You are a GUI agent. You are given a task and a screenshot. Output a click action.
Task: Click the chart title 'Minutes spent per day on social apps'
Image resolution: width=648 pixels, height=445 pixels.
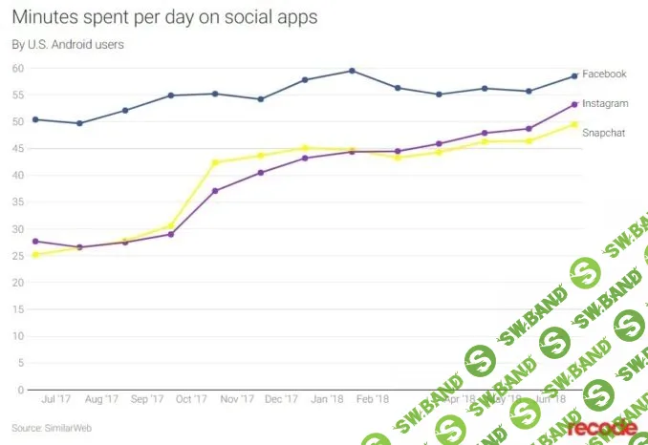tap(164, 17)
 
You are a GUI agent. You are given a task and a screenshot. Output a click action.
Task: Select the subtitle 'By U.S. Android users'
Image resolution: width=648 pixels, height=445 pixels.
tap(67, 44)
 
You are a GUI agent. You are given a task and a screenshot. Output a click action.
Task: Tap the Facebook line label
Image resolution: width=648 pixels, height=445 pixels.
tap(604, 74)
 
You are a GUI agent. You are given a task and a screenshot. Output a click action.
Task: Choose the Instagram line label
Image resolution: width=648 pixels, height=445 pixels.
tap(605, 102)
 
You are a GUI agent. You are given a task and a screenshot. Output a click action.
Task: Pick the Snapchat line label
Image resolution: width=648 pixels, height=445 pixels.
tap(604, 133)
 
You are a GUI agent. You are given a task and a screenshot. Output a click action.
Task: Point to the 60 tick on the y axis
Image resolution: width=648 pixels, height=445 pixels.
tap(18, 68)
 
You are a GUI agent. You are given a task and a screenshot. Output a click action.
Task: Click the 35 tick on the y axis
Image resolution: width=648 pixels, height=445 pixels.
tap(18, 202)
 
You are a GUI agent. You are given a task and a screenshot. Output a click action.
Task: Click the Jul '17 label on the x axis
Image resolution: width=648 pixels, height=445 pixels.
tap(55, 398)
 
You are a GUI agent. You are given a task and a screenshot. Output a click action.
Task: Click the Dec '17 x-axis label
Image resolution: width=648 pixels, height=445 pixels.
tap(280, 398)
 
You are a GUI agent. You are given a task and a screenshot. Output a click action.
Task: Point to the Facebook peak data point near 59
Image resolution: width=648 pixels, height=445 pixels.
tap(353, 71)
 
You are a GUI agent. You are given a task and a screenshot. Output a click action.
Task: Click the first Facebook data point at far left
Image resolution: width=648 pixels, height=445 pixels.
tap(35, 119)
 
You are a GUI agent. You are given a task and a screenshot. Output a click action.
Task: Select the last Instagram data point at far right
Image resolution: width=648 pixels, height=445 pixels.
tap(574, 104)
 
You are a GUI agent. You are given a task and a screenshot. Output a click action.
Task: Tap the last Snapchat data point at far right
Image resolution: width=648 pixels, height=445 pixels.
tap(574, 124)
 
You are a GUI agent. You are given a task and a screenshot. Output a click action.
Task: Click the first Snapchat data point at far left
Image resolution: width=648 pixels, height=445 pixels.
tap(35, 255)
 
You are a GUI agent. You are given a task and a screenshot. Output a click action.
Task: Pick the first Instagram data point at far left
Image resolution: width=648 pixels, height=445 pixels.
tap(35, 242)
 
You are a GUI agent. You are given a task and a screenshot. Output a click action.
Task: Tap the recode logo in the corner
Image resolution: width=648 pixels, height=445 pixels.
tap(602, 427)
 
